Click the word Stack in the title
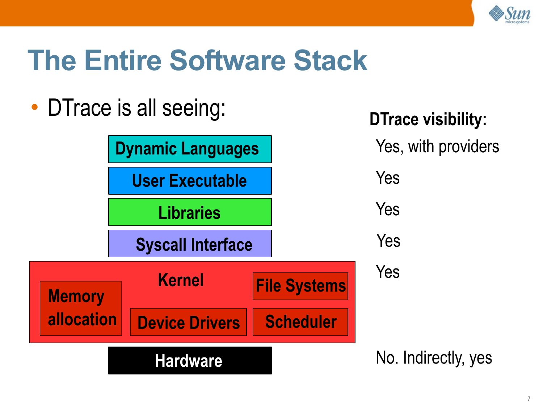tap(330, 60)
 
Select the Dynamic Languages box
tap(190, 149)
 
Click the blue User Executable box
tap(190, 181)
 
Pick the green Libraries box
tap(190, 212)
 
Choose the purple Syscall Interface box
tap(190, 243)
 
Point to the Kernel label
tap(181, 280)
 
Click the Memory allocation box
tap(80, 308)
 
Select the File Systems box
tap(300, 286)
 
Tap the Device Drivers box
tap(188, 322)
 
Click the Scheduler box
tap(300, 322)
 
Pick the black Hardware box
tap(190, 361)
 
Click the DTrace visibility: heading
tap(428, 119)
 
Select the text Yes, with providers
tap(437, 147)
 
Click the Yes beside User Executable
tap(388, 178)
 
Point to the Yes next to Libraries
tap(388, 209)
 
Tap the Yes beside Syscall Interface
tap(388, 241)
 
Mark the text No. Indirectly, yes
tap(434, 358)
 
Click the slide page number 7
tap(529, 399)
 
